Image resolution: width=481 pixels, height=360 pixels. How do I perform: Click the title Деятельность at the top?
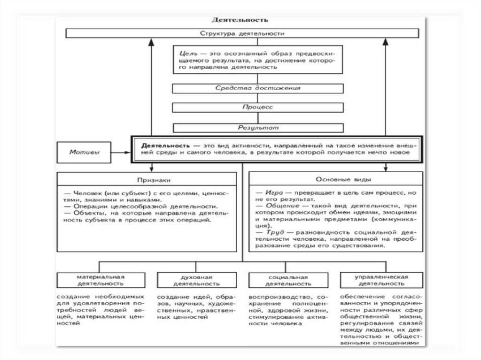click(x=240, y=20)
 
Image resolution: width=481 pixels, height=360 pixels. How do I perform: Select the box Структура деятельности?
click(x=241, y=33)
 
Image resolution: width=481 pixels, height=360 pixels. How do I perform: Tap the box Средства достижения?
click(x=258, y=88)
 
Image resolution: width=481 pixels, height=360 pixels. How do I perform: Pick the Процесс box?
click(x=258, y=107)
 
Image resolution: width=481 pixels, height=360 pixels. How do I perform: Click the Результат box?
click(x=258, y=127)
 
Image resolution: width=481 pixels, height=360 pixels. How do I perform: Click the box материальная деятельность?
click(x=101, y=280)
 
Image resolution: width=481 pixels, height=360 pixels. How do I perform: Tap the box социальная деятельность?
click(x=289, y=280)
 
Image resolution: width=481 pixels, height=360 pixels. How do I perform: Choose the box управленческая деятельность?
click(x=381, y=280)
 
